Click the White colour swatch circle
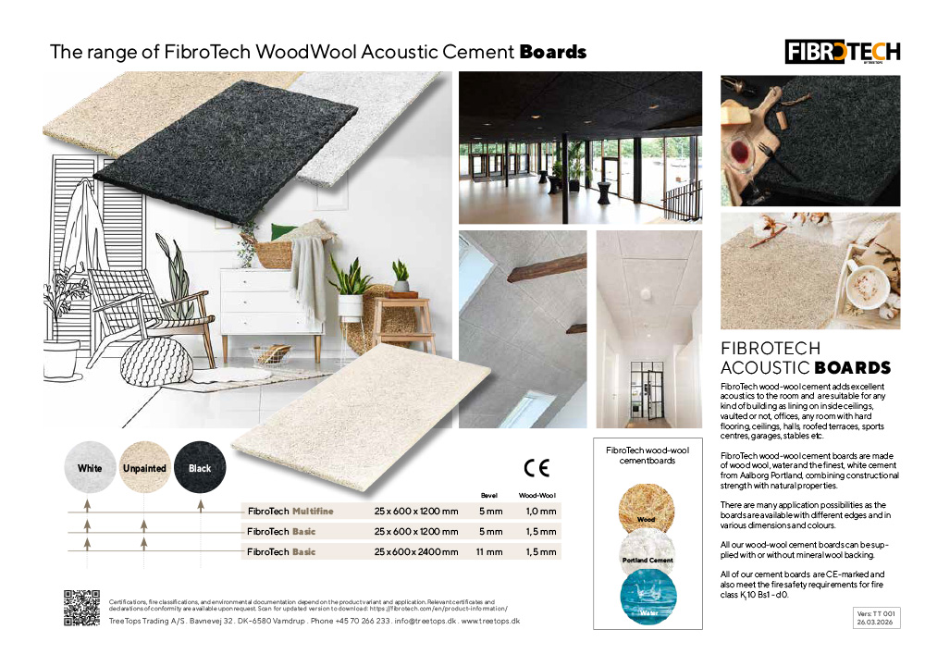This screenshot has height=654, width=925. point(91,468)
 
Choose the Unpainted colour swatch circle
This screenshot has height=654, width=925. point(145,468)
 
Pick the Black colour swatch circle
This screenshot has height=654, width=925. point(200,468)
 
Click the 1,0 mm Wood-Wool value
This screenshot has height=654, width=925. point(541,511)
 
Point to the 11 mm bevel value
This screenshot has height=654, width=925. point(490,551)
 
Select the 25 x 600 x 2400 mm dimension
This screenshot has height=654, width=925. point(416,551)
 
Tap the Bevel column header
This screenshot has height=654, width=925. point(490,496)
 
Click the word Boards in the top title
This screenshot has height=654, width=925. point(553,52)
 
